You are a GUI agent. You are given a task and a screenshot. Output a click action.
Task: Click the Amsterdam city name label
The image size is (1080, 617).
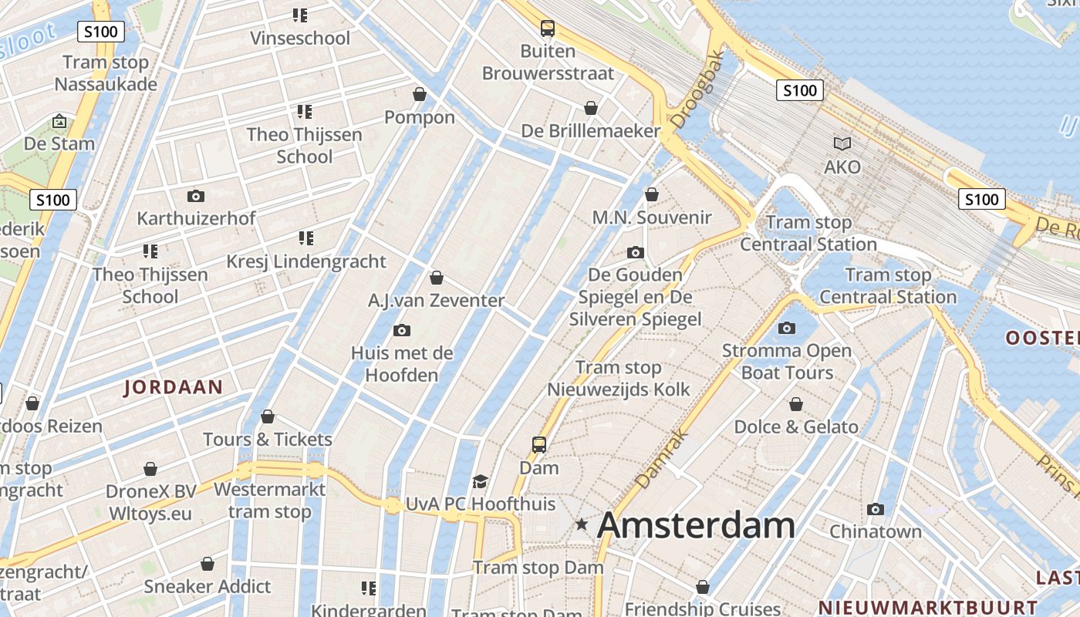click(696, 525)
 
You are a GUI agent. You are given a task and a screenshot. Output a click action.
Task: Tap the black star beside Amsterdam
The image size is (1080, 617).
click(582, 524)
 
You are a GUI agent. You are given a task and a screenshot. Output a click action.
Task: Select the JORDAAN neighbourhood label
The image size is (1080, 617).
click(174, 387)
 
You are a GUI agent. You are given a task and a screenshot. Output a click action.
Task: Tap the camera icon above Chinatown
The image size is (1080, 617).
click(875, 509)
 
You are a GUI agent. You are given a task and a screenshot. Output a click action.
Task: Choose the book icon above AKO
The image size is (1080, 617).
click(842, 143)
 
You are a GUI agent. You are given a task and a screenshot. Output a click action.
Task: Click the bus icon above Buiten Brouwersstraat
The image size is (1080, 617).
click(548, 29)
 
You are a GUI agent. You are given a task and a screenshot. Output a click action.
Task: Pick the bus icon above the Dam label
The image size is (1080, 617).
click(539, 444)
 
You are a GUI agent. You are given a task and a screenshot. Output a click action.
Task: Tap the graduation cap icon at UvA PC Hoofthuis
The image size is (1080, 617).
click(481, 481)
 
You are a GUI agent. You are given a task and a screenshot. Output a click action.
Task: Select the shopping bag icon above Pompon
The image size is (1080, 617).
click(420, 94)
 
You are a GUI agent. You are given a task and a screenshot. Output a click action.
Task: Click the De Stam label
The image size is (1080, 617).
click(59, 143)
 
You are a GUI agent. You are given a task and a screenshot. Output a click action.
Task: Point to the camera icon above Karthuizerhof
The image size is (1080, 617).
click(196, 196)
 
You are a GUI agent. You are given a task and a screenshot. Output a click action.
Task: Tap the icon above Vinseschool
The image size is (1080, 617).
click(300, 15)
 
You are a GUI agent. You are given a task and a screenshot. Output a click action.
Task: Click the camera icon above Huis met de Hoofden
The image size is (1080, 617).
click(401, 331)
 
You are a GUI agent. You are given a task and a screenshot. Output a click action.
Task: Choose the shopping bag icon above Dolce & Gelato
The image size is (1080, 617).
click(796, 404)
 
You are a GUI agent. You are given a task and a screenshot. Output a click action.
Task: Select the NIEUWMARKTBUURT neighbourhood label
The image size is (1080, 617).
click(928, 607)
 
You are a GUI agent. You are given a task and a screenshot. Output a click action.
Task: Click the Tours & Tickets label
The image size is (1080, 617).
click(268, 440)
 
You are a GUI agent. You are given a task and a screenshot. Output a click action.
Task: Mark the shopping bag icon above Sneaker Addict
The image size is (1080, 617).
click(208, 564)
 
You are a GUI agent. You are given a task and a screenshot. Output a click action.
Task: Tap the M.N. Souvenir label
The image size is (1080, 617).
click(652, 217)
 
